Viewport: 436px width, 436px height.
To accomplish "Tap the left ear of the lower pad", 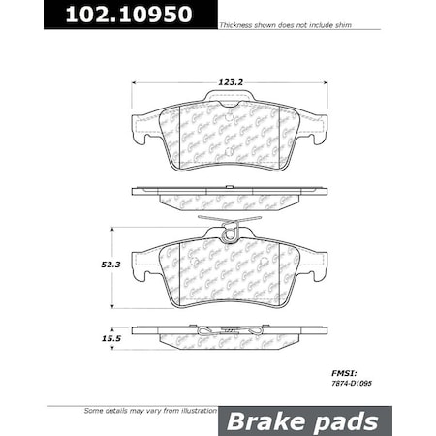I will tap(142, 263).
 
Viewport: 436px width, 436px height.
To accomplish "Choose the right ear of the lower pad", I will tap(316, 263).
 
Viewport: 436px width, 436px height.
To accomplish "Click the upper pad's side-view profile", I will tap(229, 196).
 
